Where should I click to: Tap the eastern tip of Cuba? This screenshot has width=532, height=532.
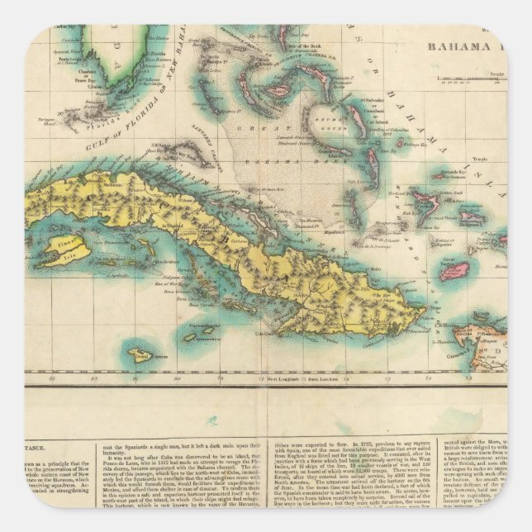pos(426,312)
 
